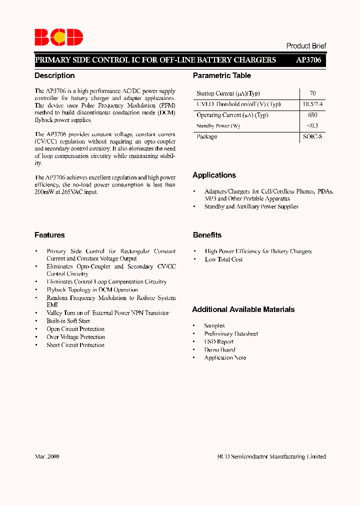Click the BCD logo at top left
tap(58, 37)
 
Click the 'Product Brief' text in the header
tap(306, 45)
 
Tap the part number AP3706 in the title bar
tap(308, 60)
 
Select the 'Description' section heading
tap(54, 75)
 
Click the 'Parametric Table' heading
tap(222, 75)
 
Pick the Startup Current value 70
tap(312, 93)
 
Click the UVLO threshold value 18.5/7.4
tap(312, 104)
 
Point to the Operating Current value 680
tap(312, 115)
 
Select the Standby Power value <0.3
tap(312, 126)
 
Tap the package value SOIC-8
tap(312, 136)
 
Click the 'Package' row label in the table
tap(206, 136)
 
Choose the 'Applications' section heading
tap(214, 175)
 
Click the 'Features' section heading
tap(49, 235)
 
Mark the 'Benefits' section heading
tap(207, 235)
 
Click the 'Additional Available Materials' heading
tap(243, 309)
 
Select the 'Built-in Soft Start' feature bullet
tap(68, 321)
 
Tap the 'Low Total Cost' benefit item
tap(223, 259)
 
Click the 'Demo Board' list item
tap(219, 349)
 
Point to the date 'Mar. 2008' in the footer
tap(47, 456)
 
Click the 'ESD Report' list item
tap(218, 341)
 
